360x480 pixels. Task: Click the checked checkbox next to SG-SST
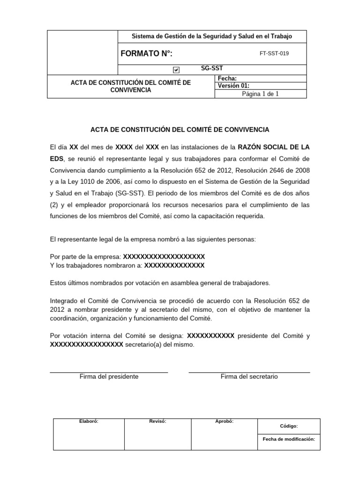(x=176, y=70)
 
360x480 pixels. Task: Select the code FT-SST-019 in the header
(x=274, y=53)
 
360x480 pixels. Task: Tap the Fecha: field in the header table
(x=228, y=79)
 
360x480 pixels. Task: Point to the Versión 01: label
(x=234, y=86)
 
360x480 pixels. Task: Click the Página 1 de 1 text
(x=260, y=94)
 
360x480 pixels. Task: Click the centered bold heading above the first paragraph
(x=180, y=129)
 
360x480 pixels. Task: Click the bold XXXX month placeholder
(x=124, y=147)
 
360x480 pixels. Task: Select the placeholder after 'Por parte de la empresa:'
(x=164, y=257)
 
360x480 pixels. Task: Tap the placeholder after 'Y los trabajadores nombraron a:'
(x=174, y=265)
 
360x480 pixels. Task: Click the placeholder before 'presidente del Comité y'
(x=210, y=336)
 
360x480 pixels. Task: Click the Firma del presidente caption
(x=109, y=376)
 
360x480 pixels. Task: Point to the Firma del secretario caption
(x=249, y=376)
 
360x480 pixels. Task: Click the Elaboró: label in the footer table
(x=89, y=421)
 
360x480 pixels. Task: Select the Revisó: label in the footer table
(x=157, y=421)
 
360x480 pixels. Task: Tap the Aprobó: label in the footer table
(x=224, y=421)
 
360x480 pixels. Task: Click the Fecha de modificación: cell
(x=289, y=440)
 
